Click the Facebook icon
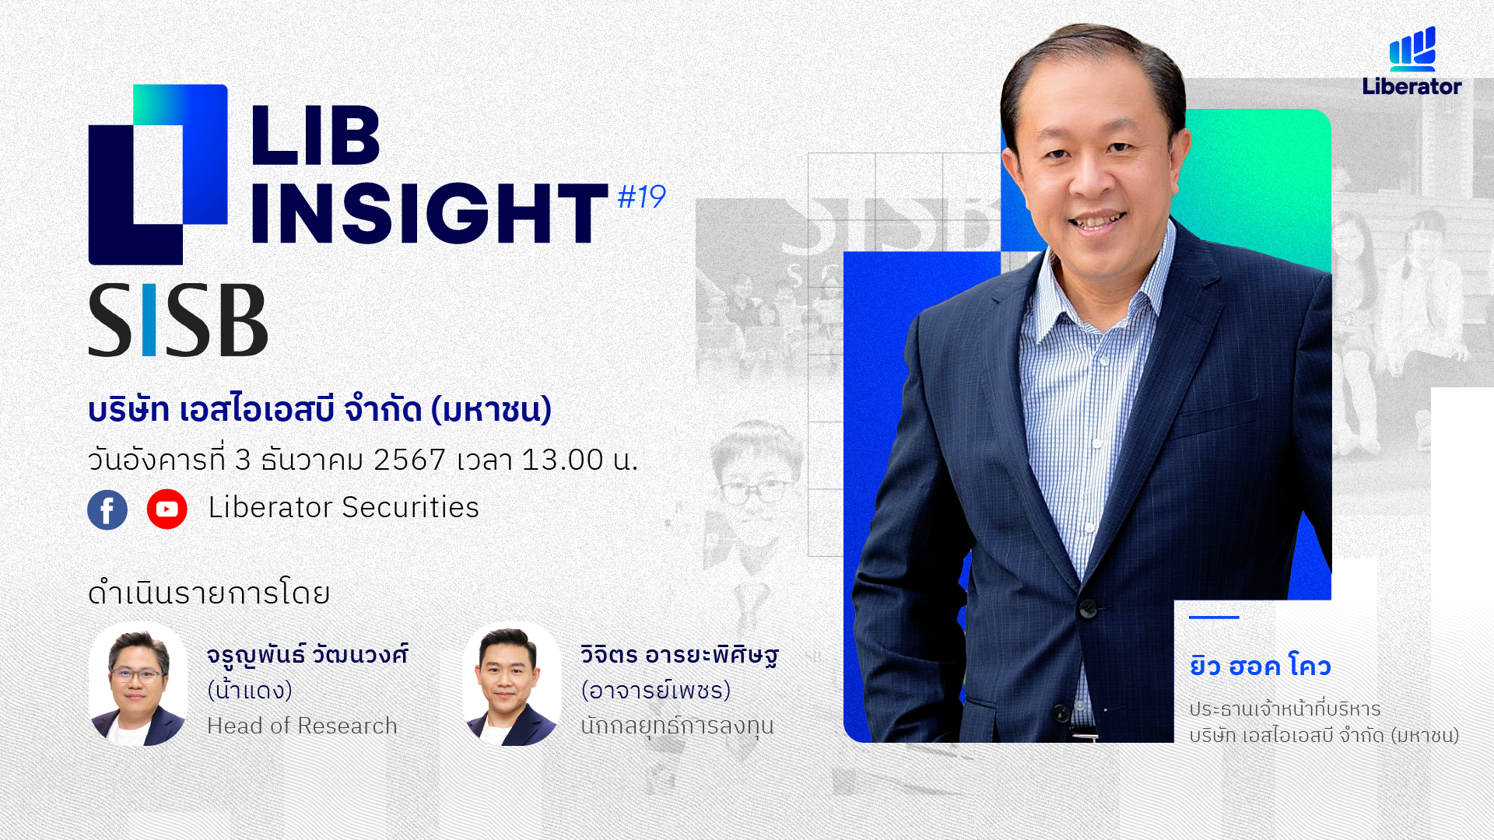(107, 509)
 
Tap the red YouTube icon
(167, 509)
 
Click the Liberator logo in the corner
(1412, 61)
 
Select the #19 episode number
(641, 197)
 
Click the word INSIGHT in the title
(429, 213)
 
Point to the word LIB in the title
(315, 135)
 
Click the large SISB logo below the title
(178, 320)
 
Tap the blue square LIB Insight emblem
(158, 174)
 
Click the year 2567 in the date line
(409, 460)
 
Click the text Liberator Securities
(343, 508)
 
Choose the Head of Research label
(302, 726)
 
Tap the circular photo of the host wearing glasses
(138, 684)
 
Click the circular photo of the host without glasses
(512, 684)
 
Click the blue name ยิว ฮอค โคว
(1260, 667)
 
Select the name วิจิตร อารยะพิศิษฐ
(679, 656)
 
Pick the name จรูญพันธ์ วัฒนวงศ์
(307, 656)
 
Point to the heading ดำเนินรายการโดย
(209, 593)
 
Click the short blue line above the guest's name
(1214, 618)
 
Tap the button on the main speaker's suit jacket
(1089, 608)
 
